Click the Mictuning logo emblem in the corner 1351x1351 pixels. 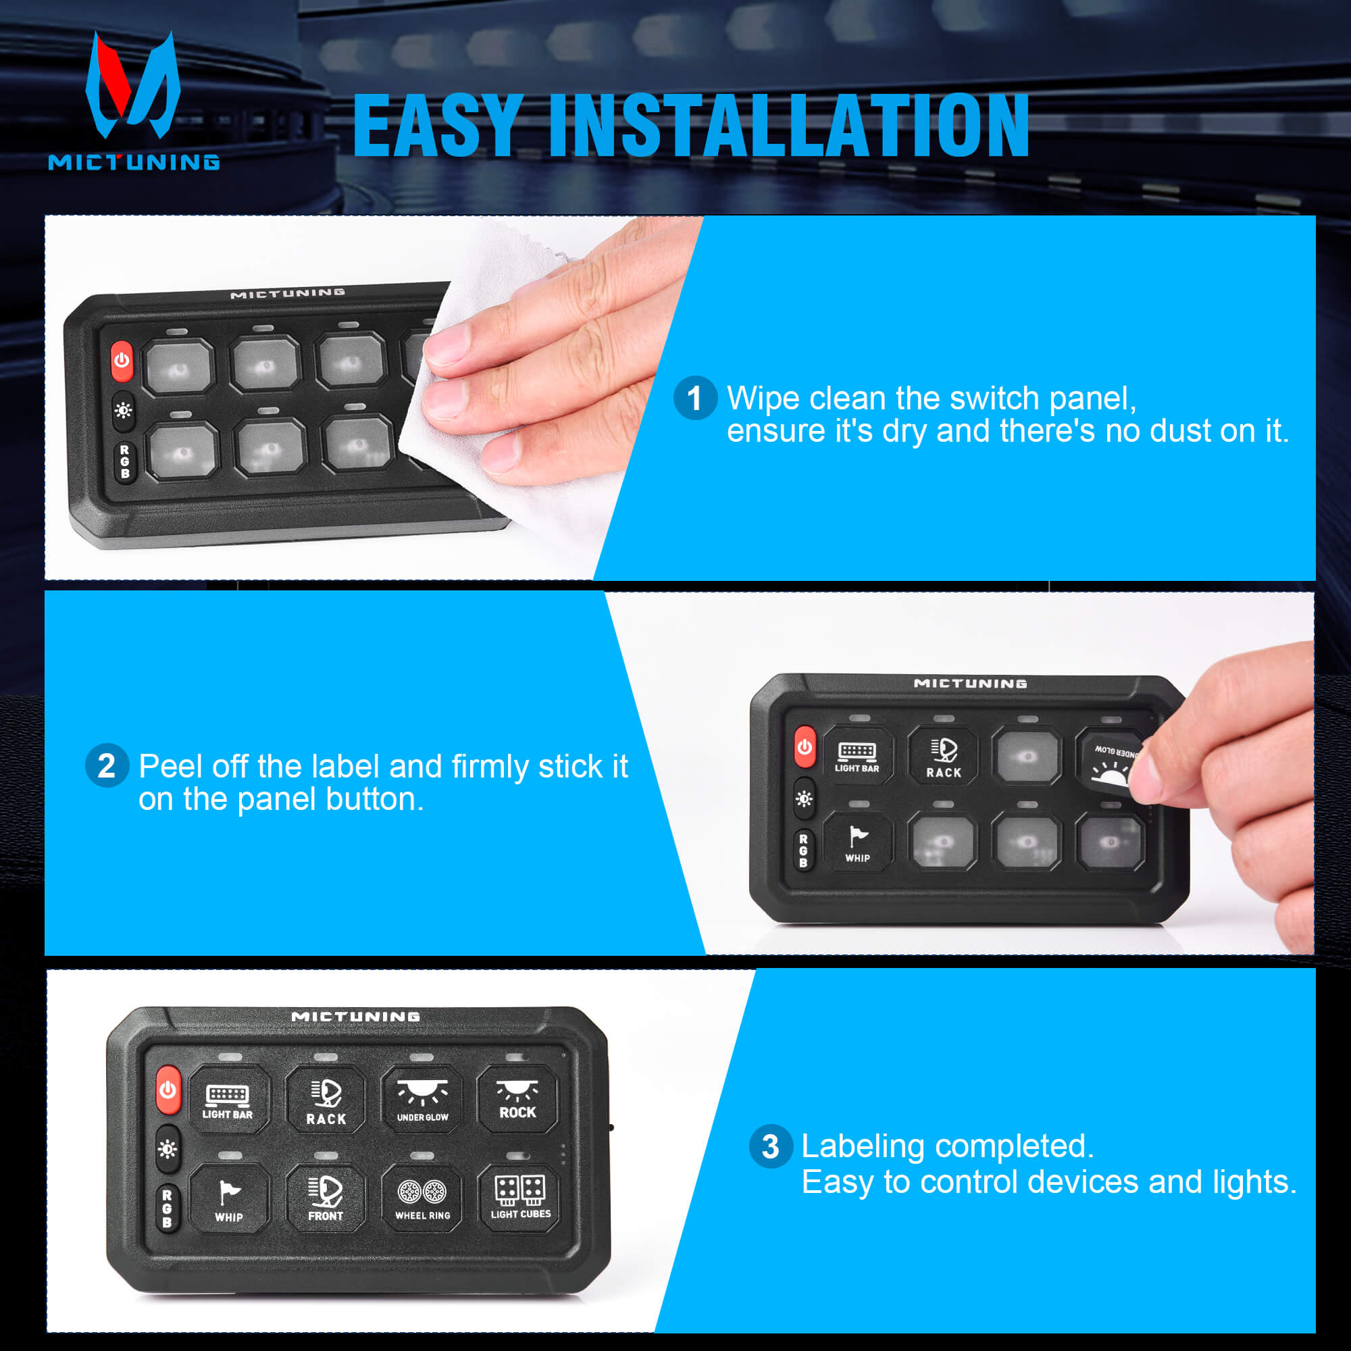pyautogui.click(x=133, y=87)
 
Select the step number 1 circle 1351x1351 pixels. pyautogui.click(x=694, y=399)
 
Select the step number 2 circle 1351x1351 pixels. pyautogui.click(x=106, y=766)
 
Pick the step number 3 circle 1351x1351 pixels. pyautogui.click(x=770, y=1147)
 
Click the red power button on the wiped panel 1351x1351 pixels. pyautogui.click(x=122, y=361)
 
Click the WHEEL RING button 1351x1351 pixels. pyautogui.click(x=422, y=1197)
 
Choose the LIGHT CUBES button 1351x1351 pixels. pyautogui.click(x=520, y=1197)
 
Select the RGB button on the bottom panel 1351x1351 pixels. pyautogui.click(x=167, y=1208)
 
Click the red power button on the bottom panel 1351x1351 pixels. pyautogui.click(x=168, y=1090)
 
